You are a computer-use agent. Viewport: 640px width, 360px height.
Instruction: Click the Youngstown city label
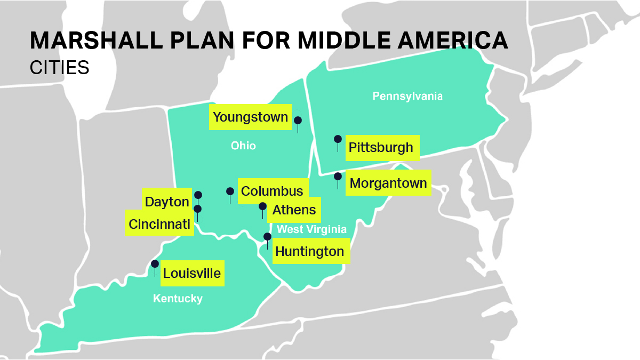coord(250,117)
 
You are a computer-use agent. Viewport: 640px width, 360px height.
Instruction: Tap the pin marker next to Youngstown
coord(298,121)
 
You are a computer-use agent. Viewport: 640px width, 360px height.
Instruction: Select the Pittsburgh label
coord(381,148)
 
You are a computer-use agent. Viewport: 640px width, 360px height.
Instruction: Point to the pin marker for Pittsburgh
coord(338,139)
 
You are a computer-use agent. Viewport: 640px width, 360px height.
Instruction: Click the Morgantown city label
coord(388,183)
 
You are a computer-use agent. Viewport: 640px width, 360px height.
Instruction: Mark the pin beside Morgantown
coord(338,176)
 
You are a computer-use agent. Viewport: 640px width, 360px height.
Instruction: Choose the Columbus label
coord(272,191)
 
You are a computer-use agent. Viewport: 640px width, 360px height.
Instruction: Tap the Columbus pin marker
coord(230,191)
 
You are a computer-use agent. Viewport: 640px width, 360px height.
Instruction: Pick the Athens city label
coord(294,210)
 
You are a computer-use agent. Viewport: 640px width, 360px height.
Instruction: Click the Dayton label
coord(167,202)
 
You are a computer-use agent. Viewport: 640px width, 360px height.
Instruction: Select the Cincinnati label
coord(159,225)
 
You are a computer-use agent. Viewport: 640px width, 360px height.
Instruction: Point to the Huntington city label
coord(310,251)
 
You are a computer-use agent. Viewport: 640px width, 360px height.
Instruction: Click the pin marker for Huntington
coord(267,237)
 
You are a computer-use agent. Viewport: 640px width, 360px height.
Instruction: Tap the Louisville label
coord(192,274)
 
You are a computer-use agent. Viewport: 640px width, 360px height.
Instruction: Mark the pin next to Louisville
coord(155,264)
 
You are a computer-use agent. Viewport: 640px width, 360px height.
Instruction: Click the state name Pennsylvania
coord(407,97)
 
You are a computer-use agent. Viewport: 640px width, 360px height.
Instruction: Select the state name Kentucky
coord(178,299)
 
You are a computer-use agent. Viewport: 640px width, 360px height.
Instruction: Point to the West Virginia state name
coord(311,230)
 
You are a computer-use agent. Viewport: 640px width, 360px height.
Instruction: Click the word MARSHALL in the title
coord(89,41)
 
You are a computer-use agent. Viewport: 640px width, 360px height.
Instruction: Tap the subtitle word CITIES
coord(59,68)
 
